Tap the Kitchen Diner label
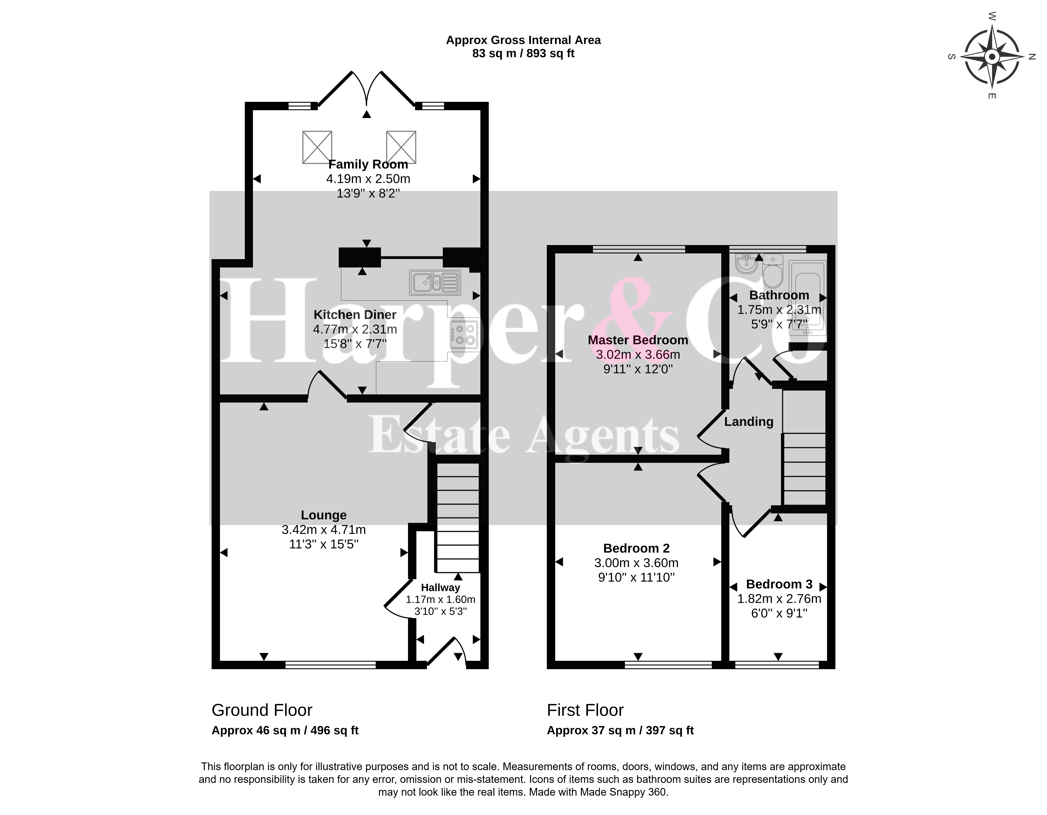[x=355, y=315]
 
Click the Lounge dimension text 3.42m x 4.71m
[x=324, y=530]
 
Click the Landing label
[x=749, y=422]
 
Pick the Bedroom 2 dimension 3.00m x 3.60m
[x=637, y=563]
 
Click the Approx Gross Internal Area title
[x=523, y=40]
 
